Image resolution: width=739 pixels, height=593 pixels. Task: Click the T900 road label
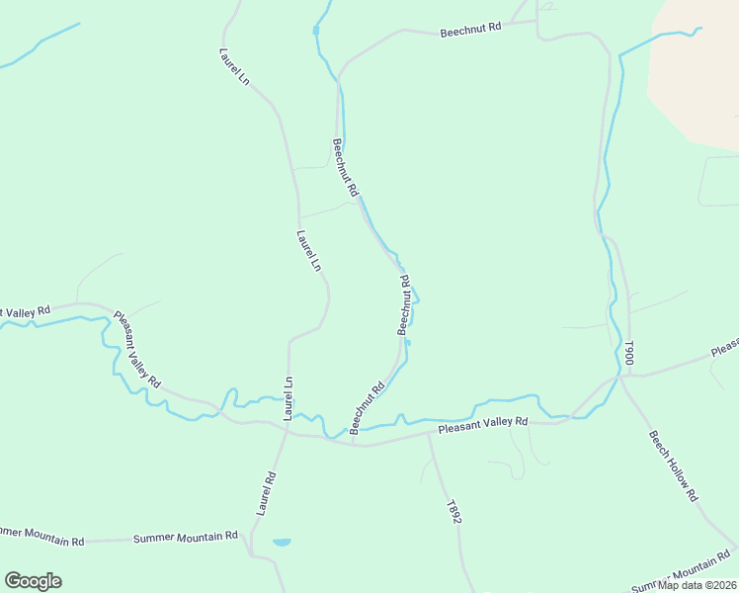[x=627, y=353]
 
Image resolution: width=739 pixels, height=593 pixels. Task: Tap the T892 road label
[x=453, y=511]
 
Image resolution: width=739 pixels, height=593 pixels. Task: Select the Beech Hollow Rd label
[x=674, y=465]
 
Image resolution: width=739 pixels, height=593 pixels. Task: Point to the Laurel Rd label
[x=265, y=493]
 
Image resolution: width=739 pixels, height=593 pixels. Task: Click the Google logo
[x=33, y=581]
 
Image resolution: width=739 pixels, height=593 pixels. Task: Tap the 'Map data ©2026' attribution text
[x=697, y=585]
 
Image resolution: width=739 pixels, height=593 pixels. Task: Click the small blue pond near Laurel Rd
[x=282, y=543]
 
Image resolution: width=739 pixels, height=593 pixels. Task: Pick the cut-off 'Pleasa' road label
[x=724, y=347]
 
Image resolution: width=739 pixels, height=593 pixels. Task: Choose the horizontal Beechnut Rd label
[x=470, y=29]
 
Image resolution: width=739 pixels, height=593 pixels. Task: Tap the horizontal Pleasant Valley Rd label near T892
[x=483, y=423]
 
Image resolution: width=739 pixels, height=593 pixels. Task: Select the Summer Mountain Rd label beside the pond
[x=186, y=537]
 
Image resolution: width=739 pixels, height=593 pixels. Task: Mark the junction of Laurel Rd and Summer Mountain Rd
[x=251, y=540]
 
